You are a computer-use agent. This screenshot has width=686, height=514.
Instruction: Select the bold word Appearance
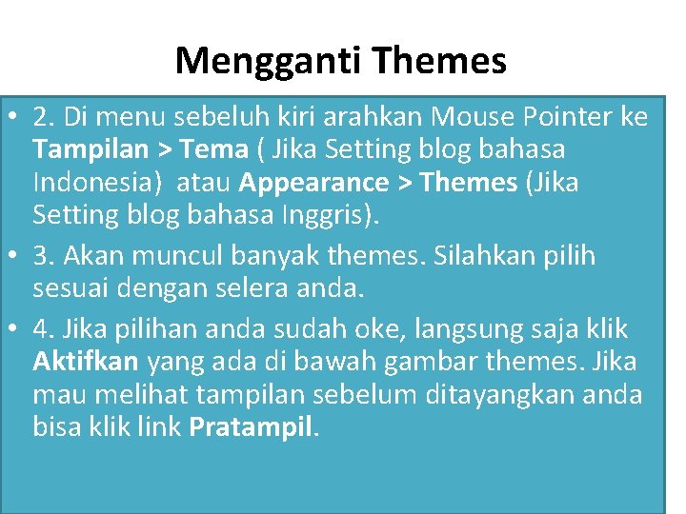[x=314, y=182]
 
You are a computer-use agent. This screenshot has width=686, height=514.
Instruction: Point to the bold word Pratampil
[x=251, y=426]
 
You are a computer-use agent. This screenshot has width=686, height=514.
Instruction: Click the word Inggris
[x=327, y=214]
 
